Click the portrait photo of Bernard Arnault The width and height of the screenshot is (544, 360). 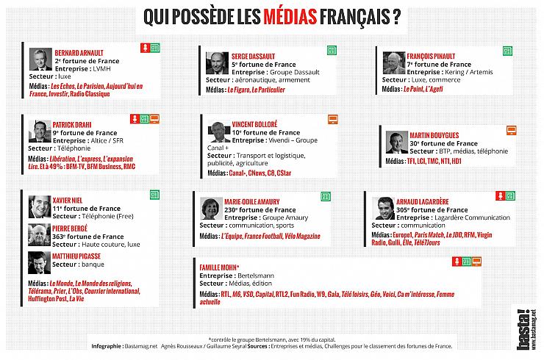(40, 60)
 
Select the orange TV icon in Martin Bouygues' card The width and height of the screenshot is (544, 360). (512, 131)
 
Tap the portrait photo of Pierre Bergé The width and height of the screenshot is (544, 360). (39, 234)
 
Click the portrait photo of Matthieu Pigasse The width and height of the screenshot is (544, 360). (39, 262)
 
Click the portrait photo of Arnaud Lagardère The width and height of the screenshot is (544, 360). (385, 208)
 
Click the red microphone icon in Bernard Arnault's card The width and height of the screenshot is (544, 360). (145, 48)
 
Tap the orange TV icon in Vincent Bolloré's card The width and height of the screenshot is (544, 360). (333, 119)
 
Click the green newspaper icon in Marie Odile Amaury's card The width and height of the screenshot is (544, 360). (324, 196)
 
